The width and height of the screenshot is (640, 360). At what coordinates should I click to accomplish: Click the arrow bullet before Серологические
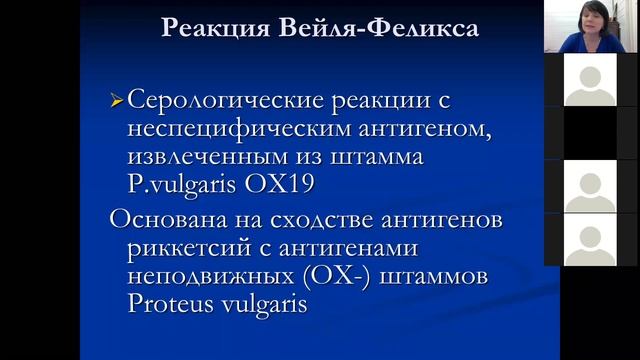pyautogui.click(x=117, y=100)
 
